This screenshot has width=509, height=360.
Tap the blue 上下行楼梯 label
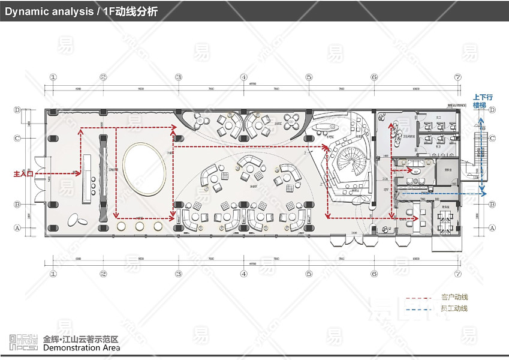[x=482, y=101]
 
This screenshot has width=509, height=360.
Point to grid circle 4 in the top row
[x=243, y=77]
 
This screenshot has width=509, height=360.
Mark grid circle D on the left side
[x=17, y=110]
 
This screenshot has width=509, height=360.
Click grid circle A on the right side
[x=492, y=227]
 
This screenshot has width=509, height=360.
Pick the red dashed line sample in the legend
[x=418, y=298]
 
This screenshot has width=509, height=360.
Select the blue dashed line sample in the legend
[x=418, y=309]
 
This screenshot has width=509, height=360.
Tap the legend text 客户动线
[x=454, y=297]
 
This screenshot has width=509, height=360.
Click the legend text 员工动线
[x=454, y=308]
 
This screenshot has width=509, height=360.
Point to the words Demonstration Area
[x=82, y=348]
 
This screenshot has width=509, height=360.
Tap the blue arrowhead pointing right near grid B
[x=488, y=194]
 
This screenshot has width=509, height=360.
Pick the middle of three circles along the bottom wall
[x=140, y=226]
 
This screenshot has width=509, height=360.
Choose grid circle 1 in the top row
[x=53, y=77]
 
